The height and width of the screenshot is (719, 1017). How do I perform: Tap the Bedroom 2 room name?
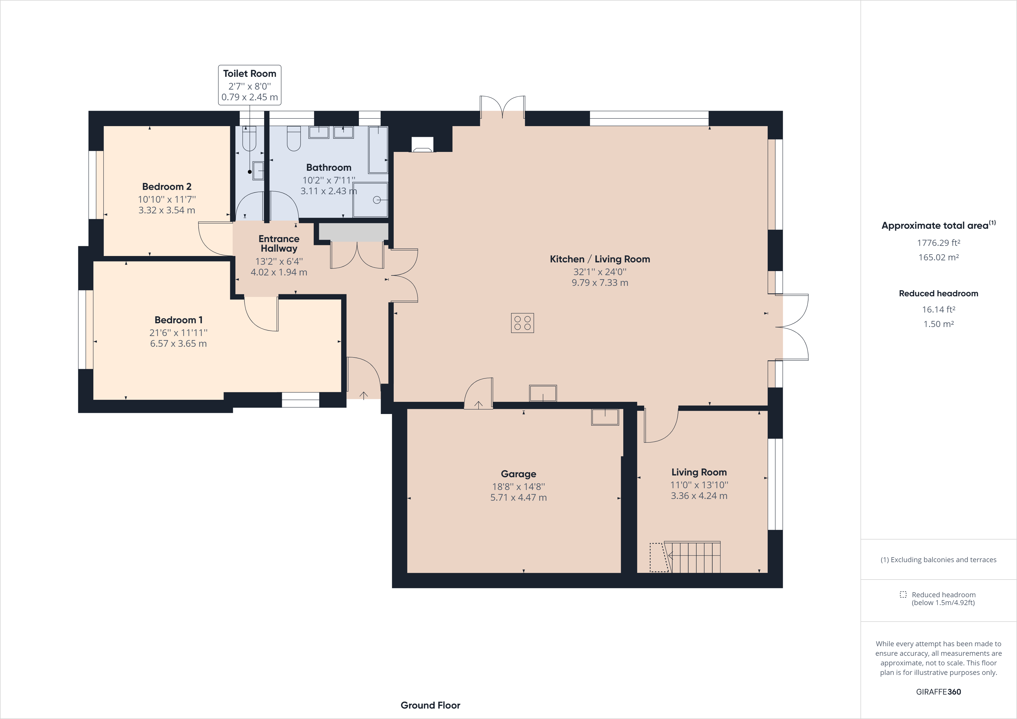[x=166, y=186]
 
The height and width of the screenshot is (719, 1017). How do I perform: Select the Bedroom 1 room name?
[x=179, y=320]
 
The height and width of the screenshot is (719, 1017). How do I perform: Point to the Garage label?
[x=518, y=474]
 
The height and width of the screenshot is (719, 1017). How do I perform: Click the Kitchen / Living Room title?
[x=600, y=259]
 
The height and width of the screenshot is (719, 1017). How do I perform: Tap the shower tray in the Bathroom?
[x=370, y=200]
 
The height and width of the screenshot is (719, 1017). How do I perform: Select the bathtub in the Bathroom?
[x=378, y=150]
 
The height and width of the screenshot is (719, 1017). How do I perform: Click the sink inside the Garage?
[x=605, y=417]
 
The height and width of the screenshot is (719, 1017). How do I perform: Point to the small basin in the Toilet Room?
[x=258, y=170]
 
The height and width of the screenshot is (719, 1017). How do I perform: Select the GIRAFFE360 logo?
[x=938, y=691]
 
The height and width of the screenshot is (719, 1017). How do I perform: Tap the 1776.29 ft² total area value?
[x=938, y=242]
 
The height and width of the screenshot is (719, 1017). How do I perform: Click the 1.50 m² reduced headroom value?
[x=938, y=324]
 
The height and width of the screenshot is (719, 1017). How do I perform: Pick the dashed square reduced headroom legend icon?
[x=903, y=595]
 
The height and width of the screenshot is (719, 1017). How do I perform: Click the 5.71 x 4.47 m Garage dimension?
[x=518, y=498]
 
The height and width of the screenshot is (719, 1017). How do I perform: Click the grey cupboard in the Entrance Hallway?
[x=353, y=232]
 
